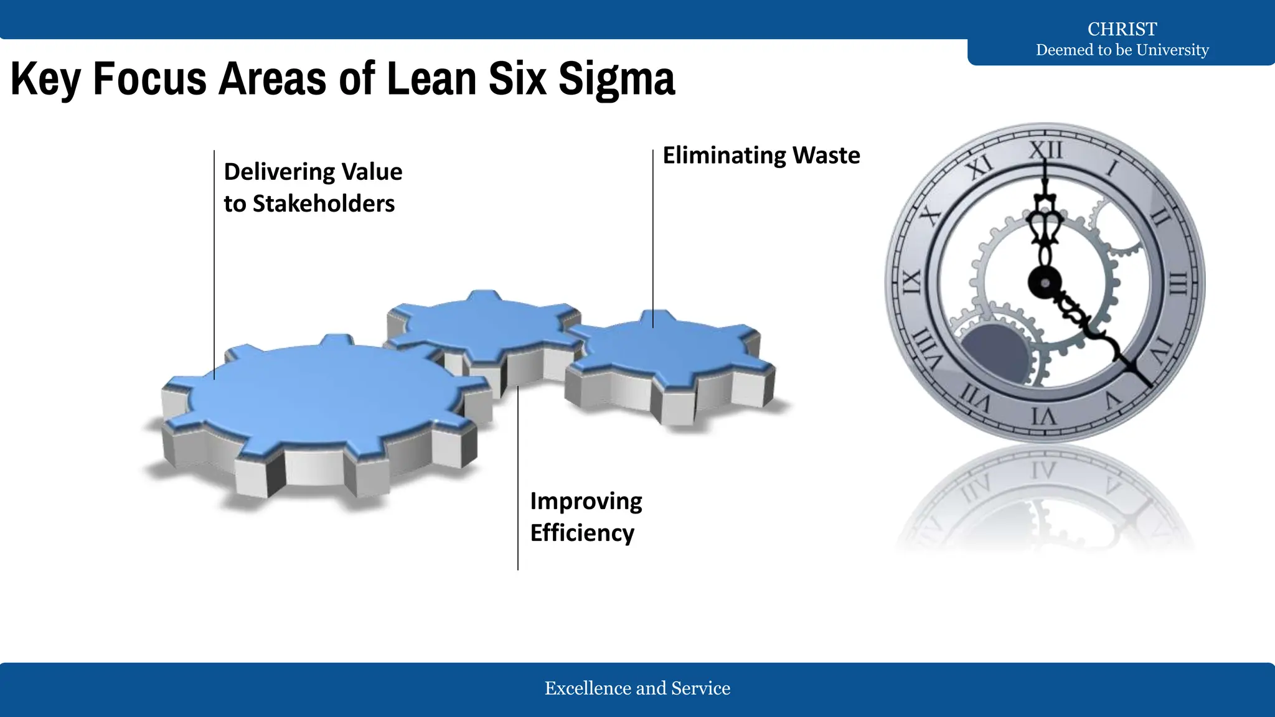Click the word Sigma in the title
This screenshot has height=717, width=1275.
point(616,79)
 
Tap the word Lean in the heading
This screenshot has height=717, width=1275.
point(431,79)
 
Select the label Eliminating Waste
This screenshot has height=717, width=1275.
point(761,155)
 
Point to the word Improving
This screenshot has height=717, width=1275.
point(586,501)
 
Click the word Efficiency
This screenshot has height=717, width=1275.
point(582,533)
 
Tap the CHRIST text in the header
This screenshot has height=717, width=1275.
point(1122,29)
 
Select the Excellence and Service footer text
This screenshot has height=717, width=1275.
point(637,688)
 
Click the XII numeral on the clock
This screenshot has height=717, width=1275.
point(1045,150)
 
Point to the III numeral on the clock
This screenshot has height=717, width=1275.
point(1177,284)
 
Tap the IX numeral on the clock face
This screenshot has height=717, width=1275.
point(911,283)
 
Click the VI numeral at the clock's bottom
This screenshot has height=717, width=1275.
point(1043,416)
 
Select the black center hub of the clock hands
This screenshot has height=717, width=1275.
point(1045,283)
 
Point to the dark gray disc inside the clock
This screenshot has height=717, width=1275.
point(995,353)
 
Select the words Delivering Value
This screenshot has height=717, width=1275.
point(313,172)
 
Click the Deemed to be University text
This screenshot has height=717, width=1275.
point(1122,50)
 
